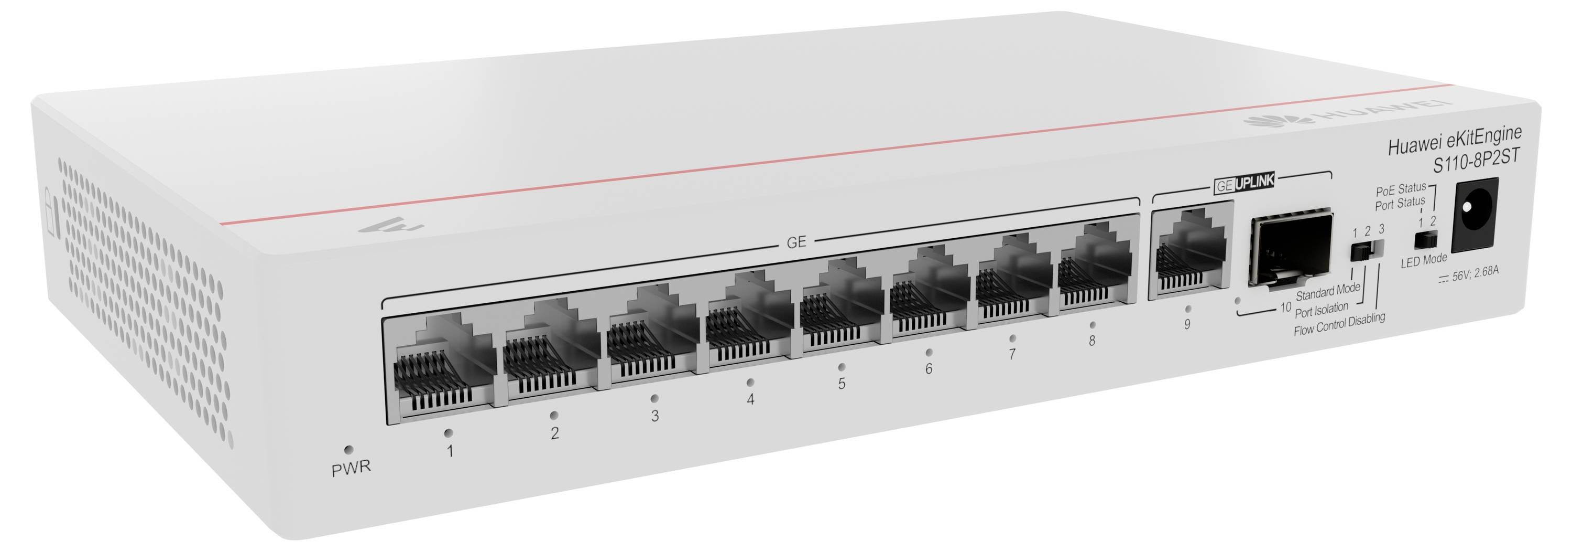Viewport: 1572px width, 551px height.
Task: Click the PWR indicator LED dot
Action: (348, 450)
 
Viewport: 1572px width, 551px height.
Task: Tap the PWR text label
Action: (351, 469)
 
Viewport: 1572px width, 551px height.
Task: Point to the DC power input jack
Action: (1475, 215)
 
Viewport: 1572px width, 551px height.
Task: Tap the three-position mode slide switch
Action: (1367, 249)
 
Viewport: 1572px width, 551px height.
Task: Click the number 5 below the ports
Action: (842, 384)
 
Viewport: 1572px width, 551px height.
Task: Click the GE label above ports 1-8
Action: (796, 242)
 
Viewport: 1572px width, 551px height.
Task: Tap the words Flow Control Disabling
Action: (1339, 324)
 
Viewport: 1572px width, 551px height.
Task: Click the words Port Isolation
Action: (1321, 310)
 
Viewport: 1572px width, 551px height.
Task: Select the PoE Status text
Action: (1401, 189)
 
